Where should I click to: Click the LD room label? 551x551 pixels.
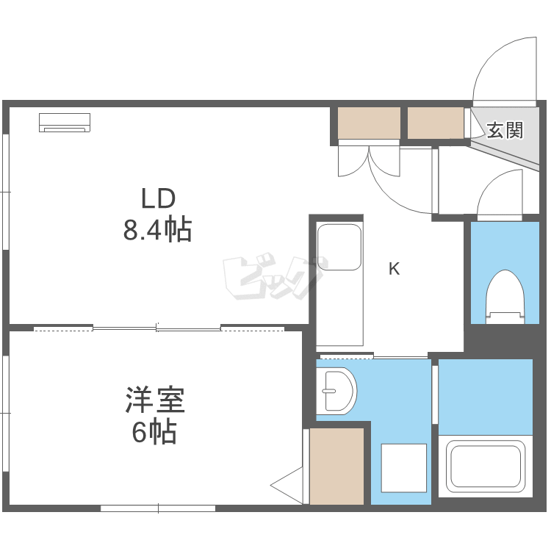[157, 198]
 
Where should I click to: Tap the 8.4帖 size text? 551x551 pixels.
[157, 231]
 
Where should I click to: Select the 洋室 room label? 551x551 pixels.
[154, 401]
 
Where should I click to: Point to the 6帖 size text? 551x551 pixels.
[154, 433]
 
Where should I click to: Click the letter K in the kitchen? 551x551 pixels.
[394, 269]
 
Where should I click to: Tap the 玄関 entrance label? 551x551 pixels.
[505, 131]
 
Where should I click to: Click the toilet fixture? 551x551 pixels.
[505, 295]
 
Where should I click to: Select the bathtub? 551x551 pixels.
[486, 467]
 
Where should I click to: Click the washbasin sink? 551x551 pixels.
[336, 391]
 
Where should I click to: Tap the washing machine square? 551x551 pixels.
[403, 467]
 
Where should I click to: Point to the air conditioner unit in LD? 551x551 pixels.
[65, 123]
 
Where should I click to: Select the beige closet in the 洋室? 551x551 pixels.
[336, 466]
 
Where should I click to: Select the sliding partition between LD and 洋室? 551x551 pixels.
[157, 328]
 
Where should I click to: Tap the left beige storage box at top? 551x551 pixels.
[369, 123]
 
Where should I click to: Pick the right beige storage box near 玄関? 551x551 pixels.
[435, 123]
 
